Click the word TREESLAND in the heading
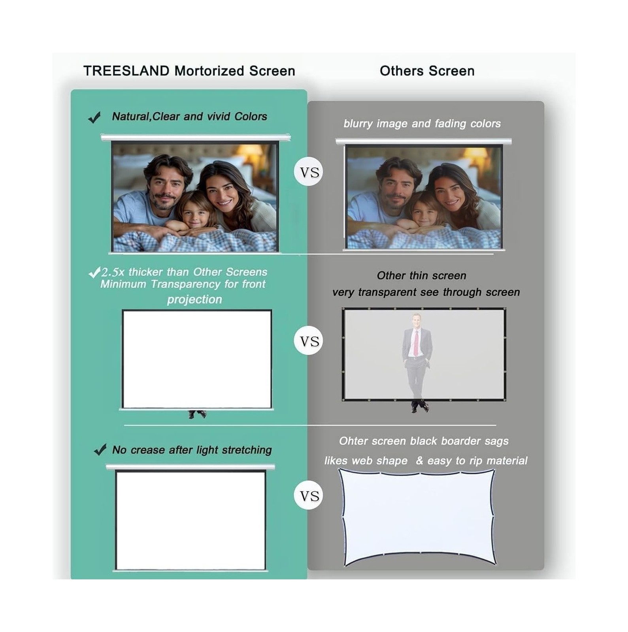click(126, 71)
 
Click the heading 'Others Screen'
click(427, 71)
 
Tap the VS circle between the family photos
click(309, 172)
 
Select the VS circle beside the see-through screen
click(309, 341)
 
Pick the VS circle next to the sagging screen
click(309, 496)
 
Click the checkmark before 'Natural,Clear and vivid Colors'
click(95, 117)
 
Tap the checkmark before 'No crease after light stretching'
click(100, 450)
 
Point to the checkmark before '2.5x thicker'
click(94, 273)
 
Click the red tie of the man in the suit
click(416, 343)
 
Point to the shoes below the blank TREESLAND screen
click(197, 414)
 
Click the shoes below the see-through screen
click(420, 407)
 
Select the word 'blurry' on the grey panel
click(358, 124)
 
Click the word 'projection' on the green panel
click(194, 300)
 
